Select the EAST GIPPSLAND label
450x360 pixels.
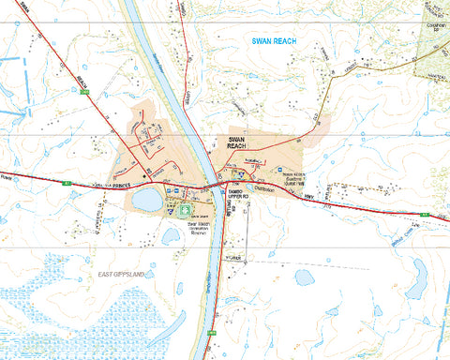click(124, 274)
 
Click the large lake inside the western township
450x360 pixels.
click(147, 200)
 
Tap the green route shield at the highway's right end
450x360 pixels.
click(424, 216)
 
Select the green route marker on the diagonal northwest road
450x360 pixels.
click(85, 93)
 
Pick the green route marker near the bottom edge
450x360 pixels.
click(214, 333)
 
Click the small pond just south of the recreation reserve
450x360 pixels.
click(171, 237)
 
